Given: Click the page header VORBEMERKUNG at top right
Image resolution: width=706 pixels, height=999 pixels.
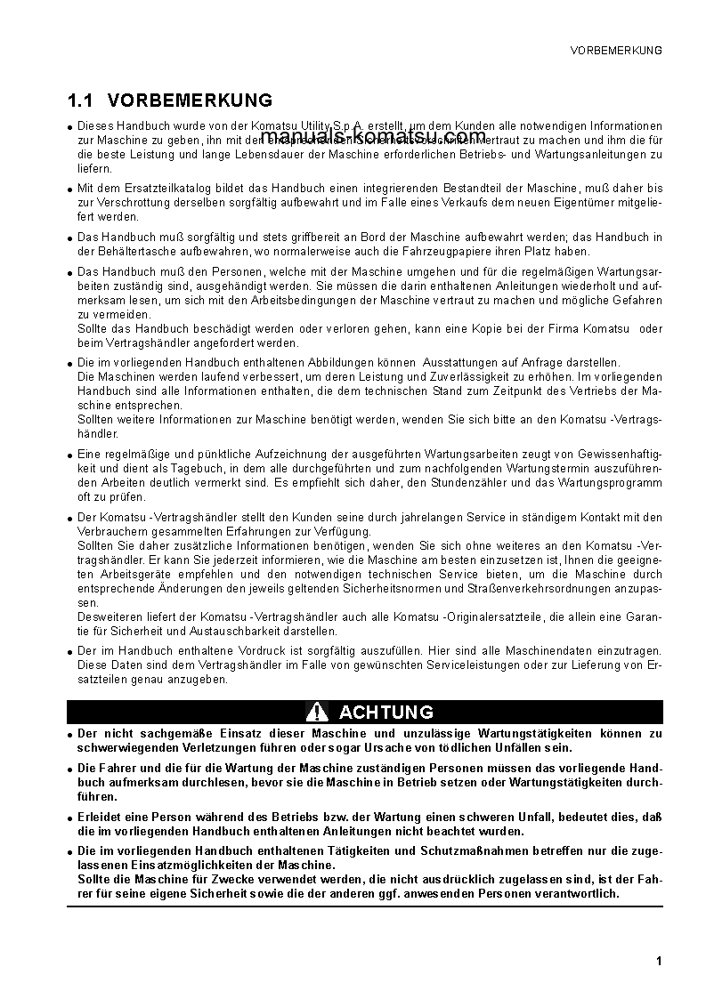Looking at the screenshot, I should click(616, 51).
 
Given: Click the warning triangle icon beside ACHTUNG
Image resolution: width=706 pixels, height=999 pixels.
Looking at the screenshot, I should click(317, 712).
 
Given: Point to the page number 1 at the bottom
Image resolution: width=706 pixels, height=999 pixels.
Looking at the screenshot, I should click(658, 960).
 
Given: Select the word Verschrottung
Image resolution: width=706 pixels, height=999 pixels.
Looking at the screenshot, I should click(125, 203).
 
